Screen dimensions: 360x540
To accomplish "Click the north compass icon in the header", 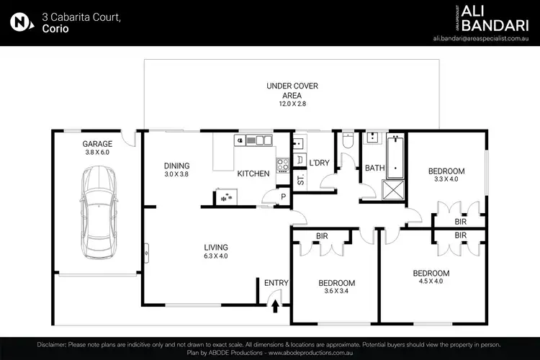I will [22, 22].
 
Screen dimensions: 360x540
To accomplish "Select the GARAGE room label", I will [97, 143].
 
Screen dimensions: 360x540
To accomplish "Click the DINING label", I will [176, 165].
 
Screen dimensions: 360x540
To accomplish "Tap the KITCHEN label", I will [253, 174].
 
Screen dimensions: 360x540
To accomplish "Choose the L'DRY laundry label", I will [319, 163].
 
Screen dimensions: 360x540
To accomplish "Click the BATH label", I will [374, 168].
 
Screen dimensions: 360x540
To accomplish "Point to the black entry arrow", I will [276, 307].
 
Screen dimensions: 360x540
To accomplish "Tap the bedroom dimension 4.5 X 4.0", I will [431, 283].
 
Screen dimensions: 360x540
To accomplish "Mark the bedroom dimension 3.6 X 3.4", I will [337, 292].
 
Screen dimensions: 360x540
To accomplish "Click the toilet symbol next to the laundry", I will [348, 142].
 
